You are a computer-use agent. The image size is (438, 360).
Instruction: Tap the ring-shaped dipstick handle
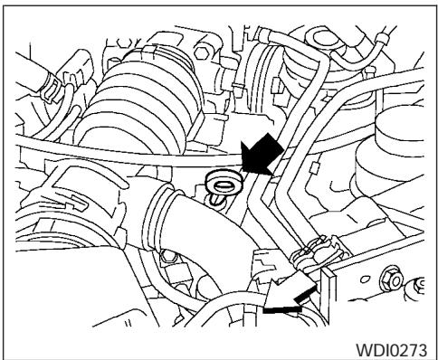tap(219, 182)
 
